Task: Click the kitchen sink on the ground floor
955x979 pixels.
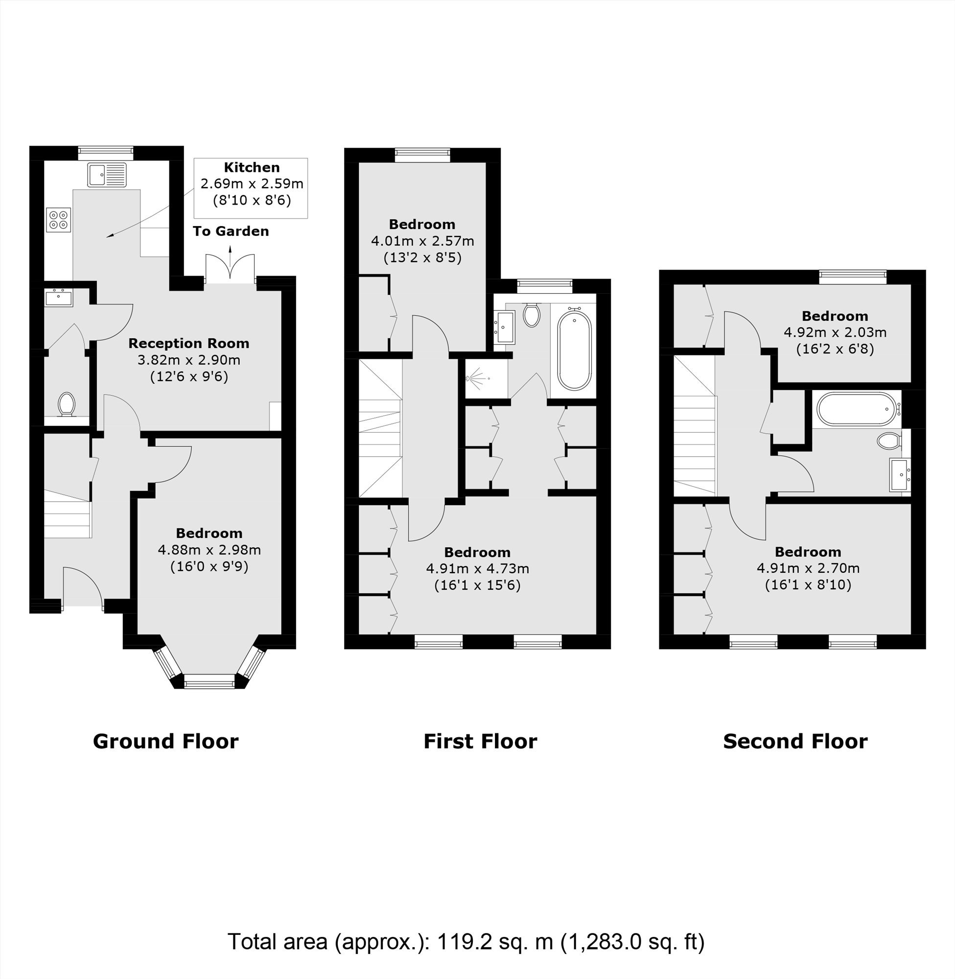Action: click(x=107, y=175)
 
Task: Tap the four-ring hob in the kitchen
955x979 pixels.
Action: click(x=59, y=220)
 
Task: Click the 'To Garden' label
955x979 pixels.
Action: click(x=231, y=231)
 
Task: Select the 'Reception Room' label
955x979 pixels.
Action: click(x=188, y=344)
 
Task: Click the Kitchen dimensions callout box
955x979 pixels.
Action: click(x=251, y=188)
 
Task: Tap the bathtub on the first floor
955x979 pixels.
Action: click(x=574, y=350)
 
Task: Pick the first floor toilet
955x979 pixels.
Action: click(x=531, y=314)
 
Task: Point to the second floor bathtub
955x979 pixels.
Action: click(x=856, y=409)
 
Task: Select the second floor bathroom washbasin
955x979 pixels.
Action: click(x=900, y=474)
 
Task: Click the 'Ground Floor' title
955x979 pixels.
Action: click(x=166, y=741)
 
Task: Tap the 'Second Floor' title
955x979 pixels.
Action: click(x=795, y=741)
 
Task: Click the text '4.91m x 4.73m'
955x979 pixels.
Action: click(x=478, y=569)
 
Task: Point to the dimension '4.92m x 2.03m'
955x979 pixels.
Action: click(x=835, y=332)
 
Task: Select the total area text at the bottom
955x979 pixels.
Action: click(x=466, y=941)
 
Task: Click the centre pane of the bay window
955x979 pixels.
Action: click(x=209, y=681)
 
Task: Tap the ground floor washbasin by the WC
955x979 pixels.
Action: click(x=59, y=298)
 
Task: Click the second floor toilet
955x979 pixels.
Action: click(x=889, y=441)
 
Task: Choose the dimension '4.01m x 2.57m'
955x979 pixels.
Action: click(x=422, y=241)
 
